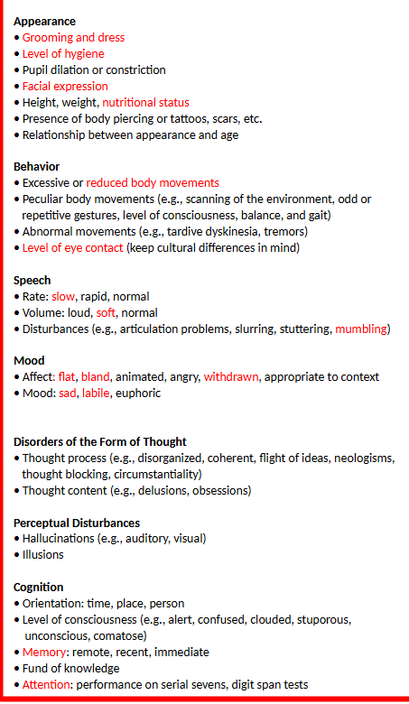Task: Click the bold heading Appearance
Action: pos(45,21)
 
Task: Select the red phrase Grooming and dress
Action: pos(73,38)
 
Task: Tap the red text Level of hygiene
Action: pos(63,54)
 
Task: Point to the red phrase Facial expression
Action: pos(65,87)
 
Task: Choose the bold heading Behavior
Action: pos(37,167)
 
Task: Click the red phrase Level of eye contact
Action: pos(72,247)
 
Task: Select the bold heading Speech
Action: pos(33,281)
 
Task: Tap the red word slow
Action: pos(63,297)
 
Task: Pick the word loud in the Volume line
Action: pos(80,313)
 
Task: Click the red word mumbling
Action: pos(360,329)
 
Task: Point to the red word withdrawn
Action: pos(230,377)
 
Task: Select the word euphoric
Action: pos(136,394)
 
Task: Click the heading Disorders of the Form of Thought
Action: pos(107,442)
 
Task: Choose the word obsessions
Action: pos(217,491)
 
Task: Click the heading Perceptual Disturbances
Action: pos(77,523)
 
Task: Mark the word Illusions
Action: pos(43,555)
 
